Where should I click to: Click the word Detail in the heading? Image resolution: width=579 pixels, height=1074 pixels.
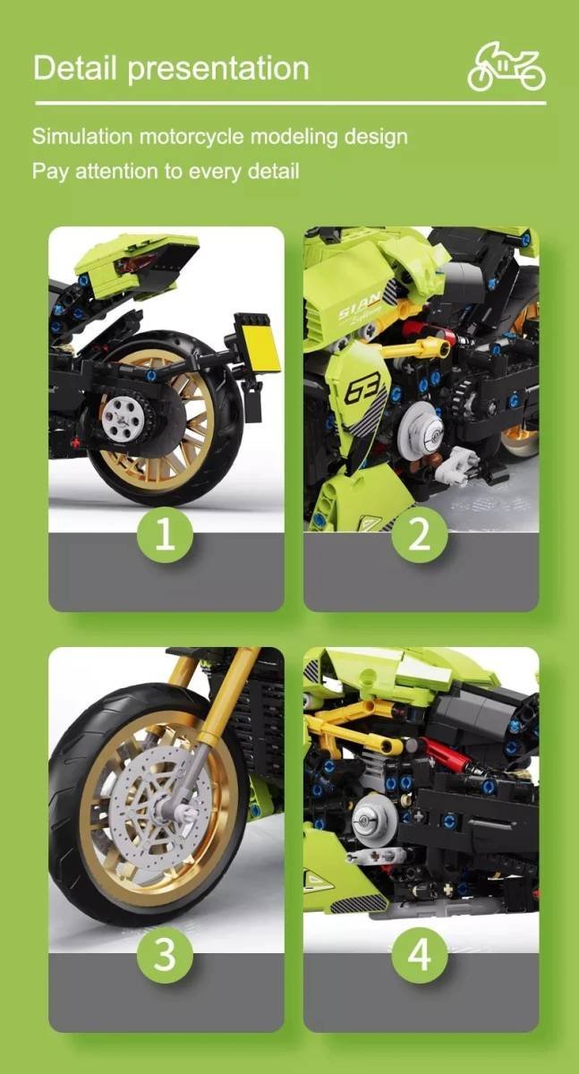75,68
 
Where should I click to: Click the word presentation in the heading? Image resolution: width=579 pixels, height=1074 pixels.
218,70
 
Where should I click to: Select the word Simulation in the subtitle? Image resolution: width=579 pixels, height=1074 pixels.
81,137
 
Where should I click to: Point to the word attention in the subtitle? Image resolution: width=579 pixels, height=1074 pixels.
116,171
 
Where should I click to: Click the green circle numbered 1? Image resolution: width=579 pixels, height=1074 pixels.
166,534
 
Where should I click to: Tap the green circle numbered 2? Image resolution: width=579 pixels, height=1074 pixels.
420,534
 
